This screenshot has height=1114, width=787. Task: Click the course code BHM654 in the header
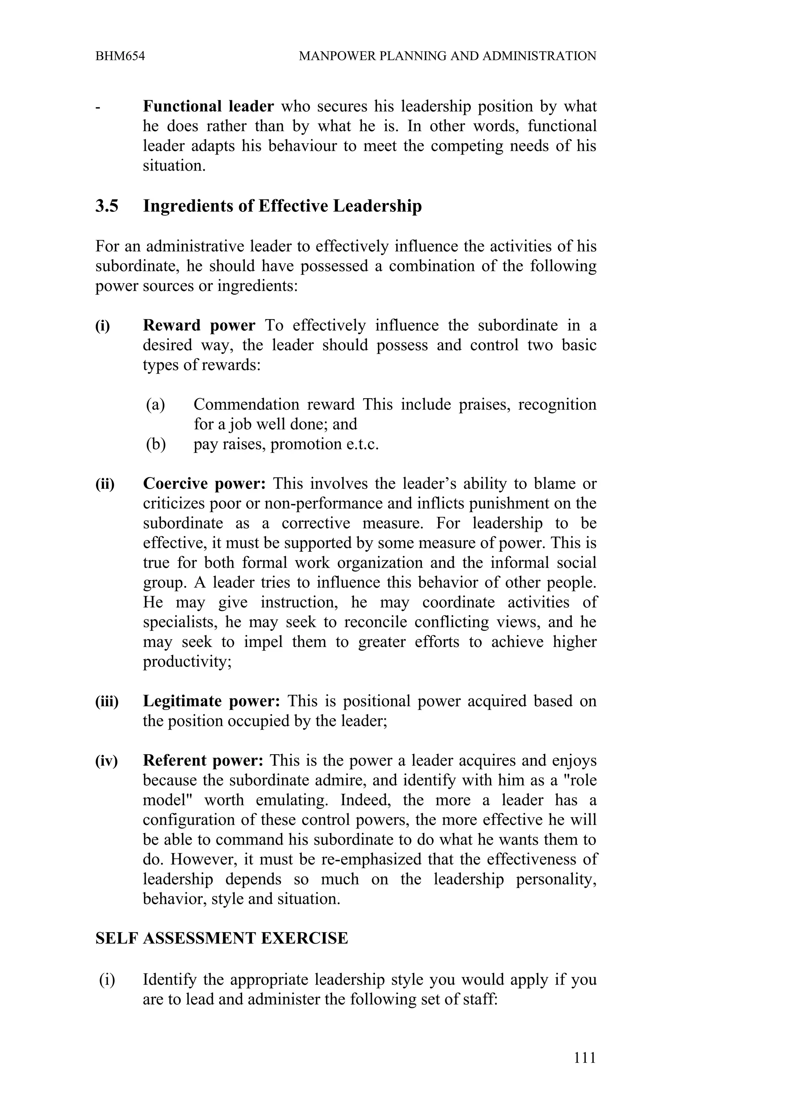point(120,56)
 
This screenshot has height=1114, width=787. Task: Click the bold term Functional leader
point(208,106)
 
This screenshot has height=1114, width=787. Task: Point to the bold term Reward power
point(199,325)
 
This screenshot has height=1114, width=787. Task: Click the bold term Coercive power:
point(204,483)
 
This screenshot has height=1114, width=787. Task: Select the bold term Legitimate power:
point(211,701)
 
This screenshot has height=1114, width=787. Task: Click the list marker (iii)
point(107,702)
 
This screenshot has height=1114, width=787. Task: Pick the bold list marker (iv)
point(106,761)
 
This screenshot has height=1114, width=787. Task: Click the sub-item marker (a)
point(155,404)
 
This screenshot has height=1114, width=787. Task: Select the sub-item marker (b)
point(156,444)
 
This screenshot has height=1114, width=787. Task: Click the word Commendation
point(246,404)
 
